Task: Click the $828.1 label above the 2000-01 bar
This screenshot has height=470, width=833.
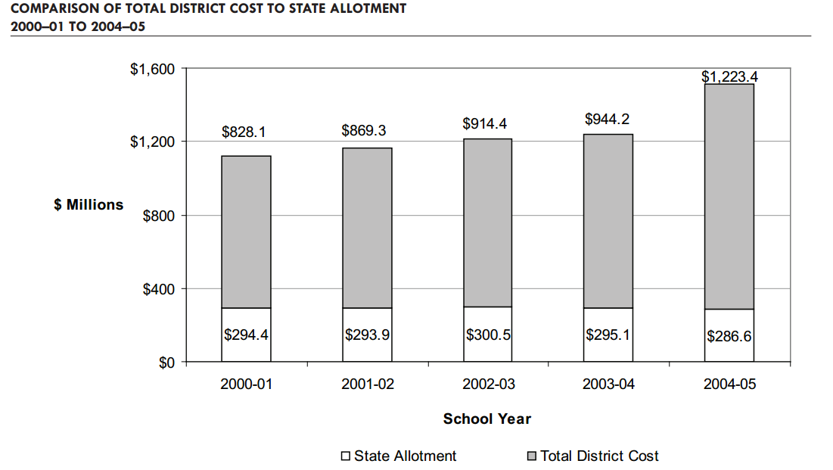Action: pyautogui.click(x=244, y=132)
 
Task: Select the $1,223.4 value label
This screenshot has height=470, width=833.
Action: pyautogui.click(x=729, y=76)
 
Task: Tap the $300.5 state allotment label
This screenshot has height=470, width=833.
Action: pyautogui.click(x=488, y=334)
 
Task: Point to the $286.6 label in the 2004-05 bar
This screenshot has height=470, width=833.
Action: pyautogui.click(x=729, y=336)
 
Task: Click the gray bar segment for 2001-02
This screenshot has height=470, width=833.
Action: pyautogui.click(x=367, y=227)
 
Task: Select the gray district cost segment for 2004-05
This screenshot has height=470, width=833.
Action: pyautogui.click(x=729, y=197)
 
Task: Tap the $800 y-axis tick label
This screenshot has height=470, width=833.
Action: pyautogui.click(x=159, y=216)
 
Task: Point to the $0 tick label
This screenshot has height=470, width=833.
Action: pyautogui.click(x=166, y=363)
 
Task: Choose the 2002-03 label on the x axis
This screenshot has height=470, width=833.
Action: pyautogui.click(x=488, y=384)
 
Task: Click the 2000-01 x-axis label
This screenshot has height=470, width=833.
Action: pyautogui.click(x=246, y=384)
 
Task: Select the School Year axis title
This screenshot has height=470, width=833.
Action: pyautogui.click(x=487, y=419)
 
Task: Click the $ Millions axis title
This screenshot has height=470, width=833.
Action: pyautogui.click(x=89, y=204)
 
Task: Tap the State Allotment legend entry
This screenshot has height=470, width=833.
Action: pyautogui.click(x=405, y=456)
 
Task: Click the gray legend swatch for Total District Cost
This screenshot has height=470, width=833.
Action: pyautogui.click(x=532, y=456)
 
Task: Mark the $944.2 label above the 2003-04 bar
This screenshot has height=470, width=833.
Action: pyautogui.click(x=608, y=119)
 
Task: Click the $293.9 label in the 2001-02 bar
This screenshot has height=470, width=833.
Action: pyautogui.click(x=367, y=334)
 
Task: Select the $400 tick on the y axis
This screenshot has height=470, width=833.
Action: pyautogui.click(x=159, y=289)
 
